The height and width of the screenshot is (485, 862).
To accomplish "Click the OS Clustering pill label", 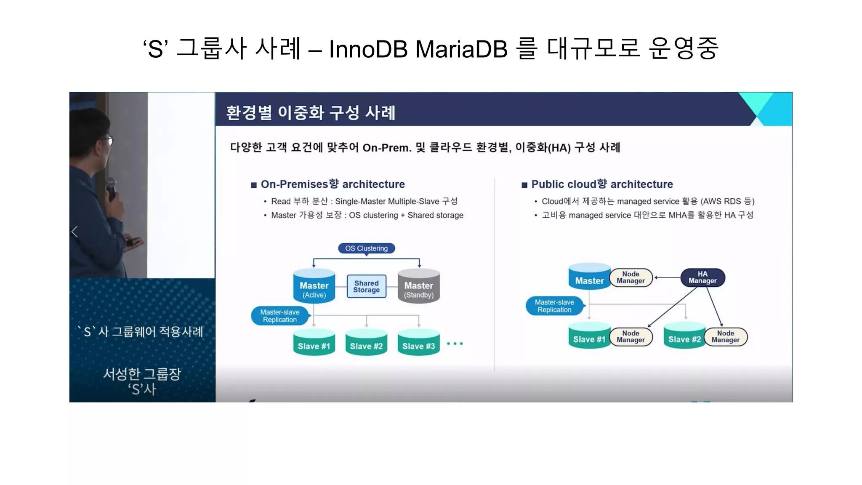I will coord(366,248).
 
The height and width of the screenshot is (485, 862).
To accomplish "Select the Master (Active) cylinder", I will coord(314,287).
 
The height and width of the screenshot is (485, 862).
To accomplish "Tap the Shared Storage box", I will coord(366,287).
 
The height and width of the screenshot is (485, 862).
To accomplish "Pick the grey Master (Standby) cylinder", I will coord(418,287).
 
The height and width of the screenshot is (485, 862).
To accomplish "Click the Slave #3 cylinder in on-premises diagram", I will coord(418,343).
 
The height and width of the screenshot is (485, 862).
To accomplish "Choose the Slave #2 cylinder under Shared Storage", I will coord(366,343).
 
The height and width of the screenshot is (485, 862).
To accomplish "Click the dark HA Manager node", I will coord(702,277).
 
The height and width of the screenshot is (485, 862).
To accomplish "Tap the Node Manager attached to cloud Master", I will coord(631,277).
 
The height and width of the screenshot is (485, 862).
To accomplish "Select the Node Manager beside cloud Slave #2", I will coord(725,337).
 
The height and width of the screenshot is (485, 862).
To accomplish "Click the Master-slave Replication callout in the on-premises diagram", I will coord(280,316).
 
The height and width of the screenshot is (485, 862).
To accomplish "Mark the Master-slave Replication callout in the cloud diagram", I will coord(554,306).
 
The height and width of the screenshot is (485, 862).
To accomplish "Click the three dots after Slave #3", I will coord(455,344).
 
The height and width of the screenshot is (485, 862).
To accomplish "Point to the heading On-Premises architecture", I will coord(333,184).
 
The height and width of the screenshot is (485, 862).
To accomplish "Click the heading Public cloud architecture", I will coord(602,184).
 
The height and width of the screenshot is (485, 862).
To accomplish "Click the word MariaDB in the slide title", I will coord(461,49).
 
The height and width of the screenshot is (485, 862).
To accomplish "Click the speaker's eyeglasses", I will coord(109,140).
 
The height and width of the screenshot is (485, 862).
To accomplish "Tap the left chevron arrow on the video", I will coord(75,232).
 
